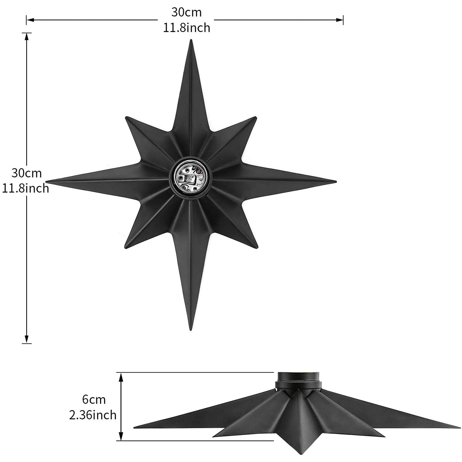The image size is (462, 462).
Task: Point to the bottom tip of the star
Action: (x=191, y=330)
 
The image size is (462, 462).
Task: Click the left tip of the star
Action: (x=46, y=181)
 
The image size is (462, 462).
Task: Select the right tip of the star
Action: (x=336, y=182)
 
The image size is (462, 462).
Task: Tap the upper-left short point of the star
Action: (x=126, y=117)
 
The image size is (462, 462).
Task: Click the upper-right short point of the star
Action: (x=256, y=117)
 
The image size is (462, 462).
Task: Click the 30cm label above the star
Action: (x=186, y=12)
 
